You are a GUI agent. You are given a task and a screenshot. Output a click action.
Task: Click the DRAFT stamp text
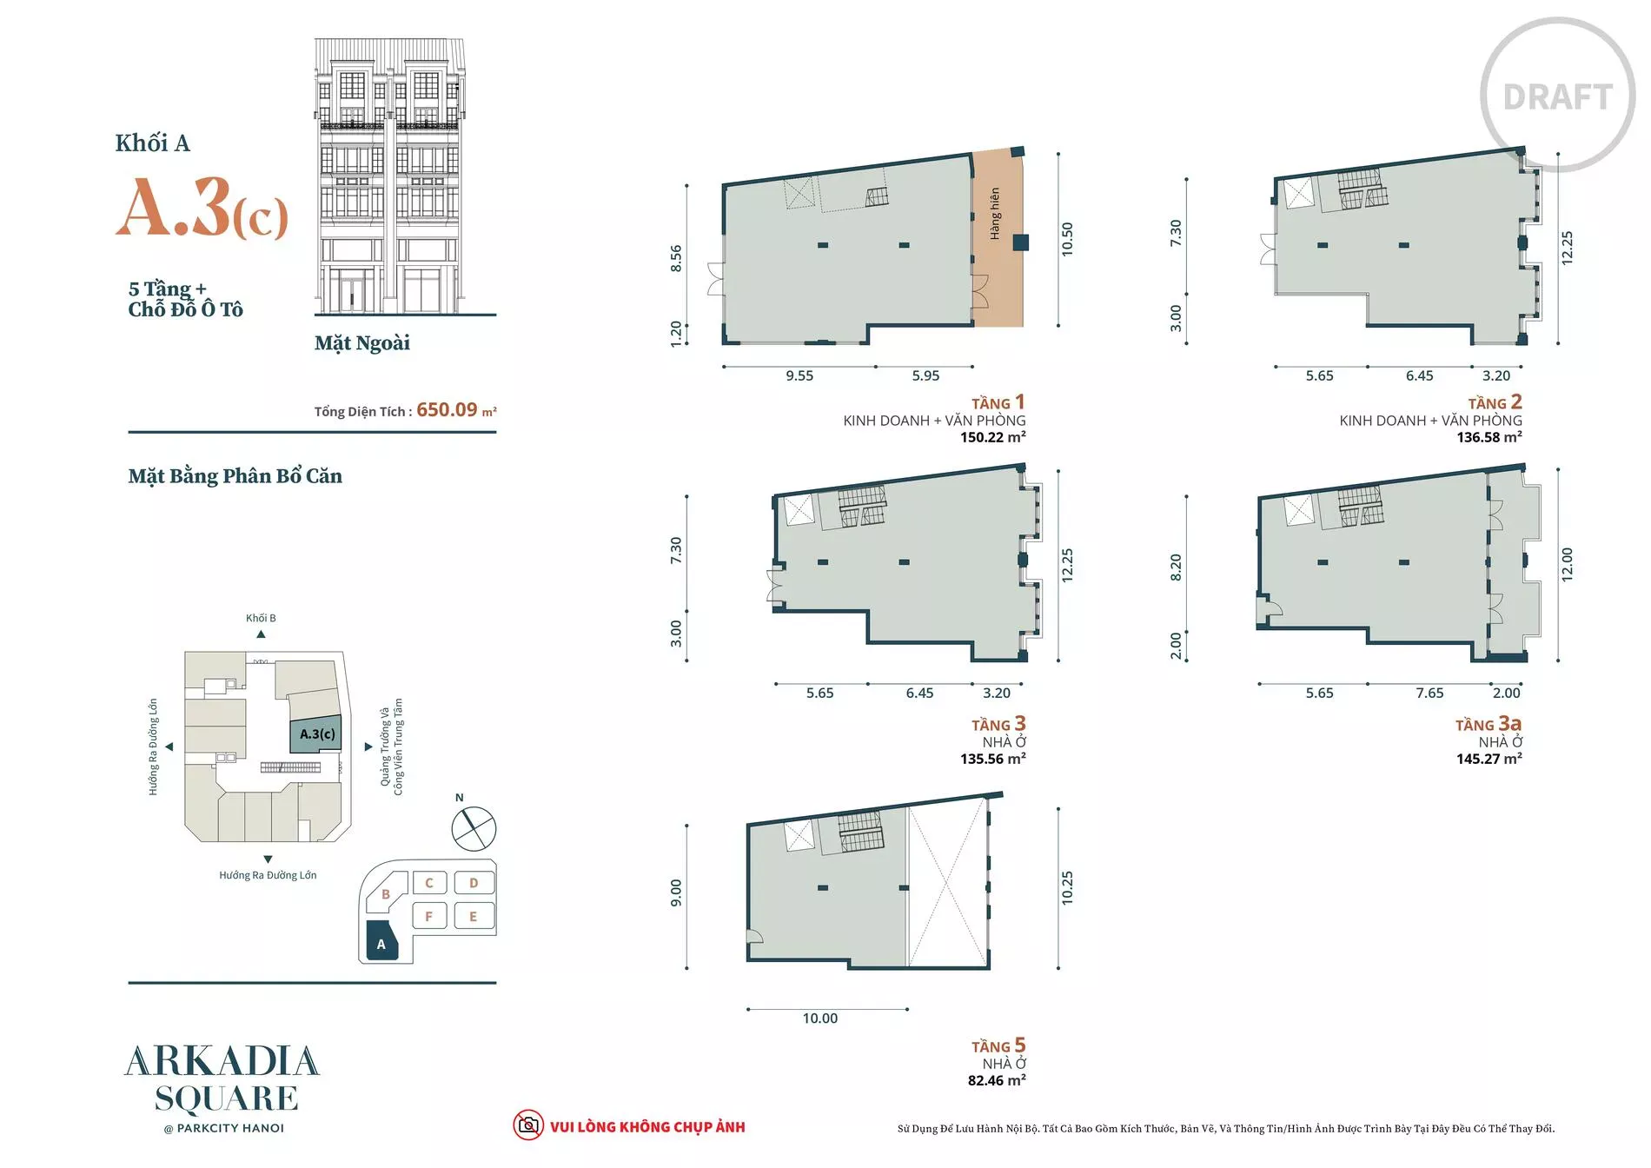[1558, 97]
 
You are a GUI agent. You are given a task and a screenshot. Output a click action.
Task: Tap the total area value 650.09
[447, 409]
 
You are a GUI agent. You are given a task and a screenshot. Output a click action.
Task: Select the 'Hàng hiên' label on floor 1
[995, 214]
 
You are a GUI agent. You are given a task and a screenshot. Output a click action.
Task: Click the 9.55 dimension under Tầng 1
[799, 375]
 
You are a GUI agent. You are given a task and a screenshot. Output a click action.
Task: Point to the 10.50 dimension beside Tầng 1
[1067, 239]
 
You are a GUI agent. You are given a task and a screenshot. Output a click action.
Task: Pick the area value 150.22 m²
[993, 437]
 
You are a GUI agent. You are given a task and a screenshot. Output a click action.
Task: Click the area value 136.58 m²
[1489, 437]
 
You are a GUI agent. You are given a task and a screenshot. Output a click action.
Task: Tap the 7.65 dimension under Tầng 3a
[1429, 693]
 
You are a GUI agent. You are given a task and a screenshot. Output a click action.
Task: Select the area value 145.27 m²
[1489, 759]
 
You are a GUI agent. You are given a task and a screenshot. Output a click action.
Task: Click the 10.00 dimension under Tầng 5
[820, 1019]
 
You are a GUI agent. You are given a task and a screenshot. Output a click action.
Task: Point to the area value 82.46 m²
[997, 1080]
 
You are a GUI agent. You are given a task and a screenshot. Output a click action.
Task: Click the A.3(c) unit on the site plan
[316, 734]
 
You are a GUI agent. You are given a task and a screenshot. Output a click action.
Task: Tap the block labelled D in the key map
[474, 883]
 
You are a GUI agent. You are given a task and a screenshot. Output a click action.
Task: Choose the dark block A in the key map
[381, 941]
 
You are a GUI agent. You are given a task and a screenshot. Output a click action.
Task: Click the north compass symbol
[474, 828]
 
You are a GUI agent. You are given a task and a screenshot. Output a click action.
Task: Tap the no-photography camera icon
[527, 1125]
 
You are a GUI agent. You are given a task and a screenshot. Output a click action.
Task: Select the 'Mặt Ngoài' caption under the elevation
[362, 343]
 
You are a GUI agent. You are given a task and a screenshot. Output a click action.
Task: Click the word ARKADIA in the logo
[222, 1061]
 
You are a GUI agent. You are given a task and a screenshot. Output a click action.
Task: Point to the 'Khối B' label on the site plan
[261, 618]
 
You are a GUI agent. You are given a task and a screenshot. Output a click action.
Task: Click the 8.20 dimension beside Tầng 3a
[1176, 567]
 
